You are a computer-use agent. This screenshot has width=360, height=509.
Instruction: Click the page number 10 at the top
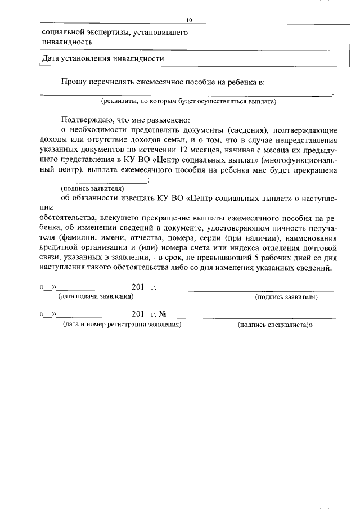[189, 20]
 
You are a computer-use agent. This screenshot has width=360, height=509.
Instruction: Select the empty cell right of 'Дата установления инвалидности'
[264, 58]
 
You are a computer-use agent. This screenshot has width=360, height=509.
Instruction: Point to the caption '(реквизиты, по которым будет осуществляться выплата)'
[188, 102]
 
